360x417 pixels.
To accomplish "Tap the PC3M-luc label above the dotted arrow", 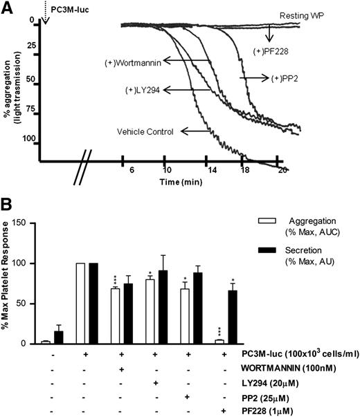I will coord(71,8).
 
